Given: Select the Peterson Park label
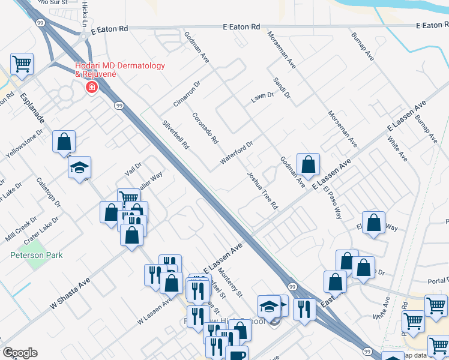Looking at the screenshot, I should click(37, 255).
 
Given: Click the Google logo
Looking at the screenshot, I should click(20, 352).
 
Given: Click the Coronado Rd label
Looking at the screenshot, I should click(205, 128).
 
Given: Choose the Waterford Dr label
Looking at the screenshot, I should click(238, 152).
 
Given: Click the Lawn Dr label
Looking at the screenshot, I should click(262, 95).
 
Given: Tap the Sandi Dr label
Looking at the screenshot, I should click(281, 88).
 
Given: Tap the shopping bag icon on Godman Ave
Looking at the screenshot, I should click(308, 164).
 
